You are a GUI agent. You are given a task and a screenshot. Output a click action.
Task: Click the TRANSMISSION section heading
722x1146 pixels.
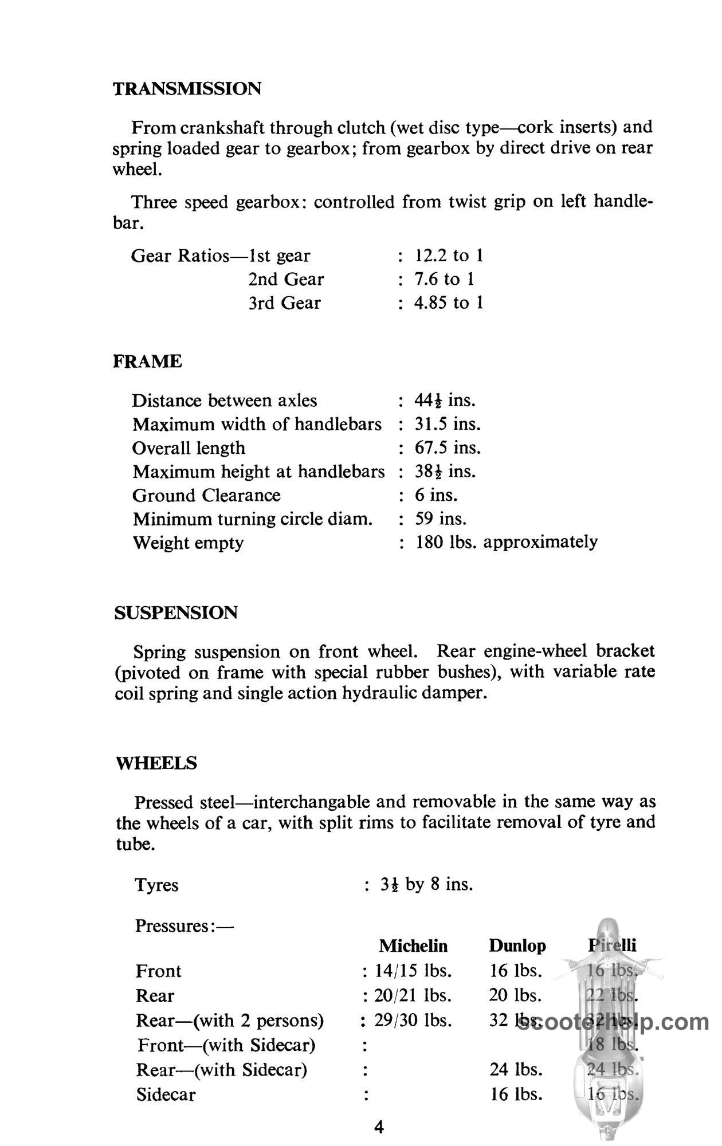pyautogui.click(x=187, y=89)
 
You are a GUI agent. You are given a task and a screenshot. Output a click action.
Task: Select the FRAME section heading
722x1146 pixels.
pyautogui.click(x=148, y=362)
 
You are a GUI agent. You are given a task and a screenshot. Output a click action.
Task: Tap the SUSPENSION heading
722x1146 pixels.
pyautogui.click(x=176, y=613)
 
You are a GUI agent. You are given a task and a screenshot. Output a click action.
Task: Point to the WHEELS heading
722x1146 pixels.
pyautogui.click(x=156, y=763)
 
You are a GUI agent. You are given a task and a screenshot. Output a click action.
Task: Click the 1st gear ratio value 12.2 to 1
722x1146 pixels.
pyautogui.click(x=449, y=256)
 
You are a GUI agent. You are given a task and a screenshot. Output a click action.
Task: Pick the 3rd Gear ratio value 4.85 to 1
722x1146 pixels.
pyautogui.click(x=449, y=303)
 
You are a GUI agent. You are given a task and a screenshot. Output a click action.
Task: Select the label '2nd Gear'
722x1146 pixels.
pyautogui.click(x=286, y=279)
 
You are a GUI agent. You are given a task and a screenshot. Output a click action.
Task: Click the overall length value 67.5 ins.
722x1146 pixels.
pyautogui.click(x=448, y=448)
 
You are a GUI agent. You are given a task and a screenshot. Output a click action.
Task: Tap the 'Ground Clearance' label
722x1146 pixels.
pyautogui.click(x=206, y=495)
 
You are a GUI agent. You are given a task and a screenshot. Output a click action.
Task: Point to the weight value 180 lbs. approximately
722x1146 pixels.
pyautogui.click(x=507, y=542)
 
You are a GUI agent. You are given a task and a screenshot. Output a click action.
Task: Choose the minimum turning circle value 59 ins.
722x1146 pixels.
pyautogui.click(x=441, y=519)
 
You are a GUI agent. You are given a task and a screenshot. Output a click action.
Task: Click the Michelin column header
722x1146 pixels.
pyautogui.click(x=413, y=945)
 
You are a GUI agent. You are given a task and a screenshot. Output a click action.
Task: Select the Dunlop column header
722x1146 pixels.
pyautogui.click(x=517, y=945)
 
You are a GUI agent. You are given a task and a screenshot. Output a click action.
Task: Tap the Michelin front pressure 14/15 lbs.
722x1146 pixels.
pyautogui.click(x=413, y=971)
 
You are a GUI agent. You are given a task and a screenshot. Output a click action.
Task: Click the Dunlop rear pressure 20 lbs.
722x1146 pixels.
pyautogui.click(x=515, y=995)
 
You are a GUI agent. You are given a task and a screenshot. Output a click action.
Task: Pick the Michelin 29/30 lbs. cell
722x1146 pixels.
pyautogui.click(x=413, y=1021)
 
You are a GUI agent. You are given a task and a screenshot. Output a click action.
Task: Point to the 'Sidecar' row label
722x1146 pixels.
pyautogui.click(x=166, y=1095)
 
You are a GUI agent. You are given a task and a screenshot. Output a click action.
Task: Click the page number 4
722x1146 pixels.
pyautogui.click(x=379, y=1128)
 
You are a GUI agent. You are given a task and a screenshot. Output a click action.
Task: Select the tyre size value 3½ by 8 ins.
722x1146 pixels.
pyautogui.click(x=426, y=885)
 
